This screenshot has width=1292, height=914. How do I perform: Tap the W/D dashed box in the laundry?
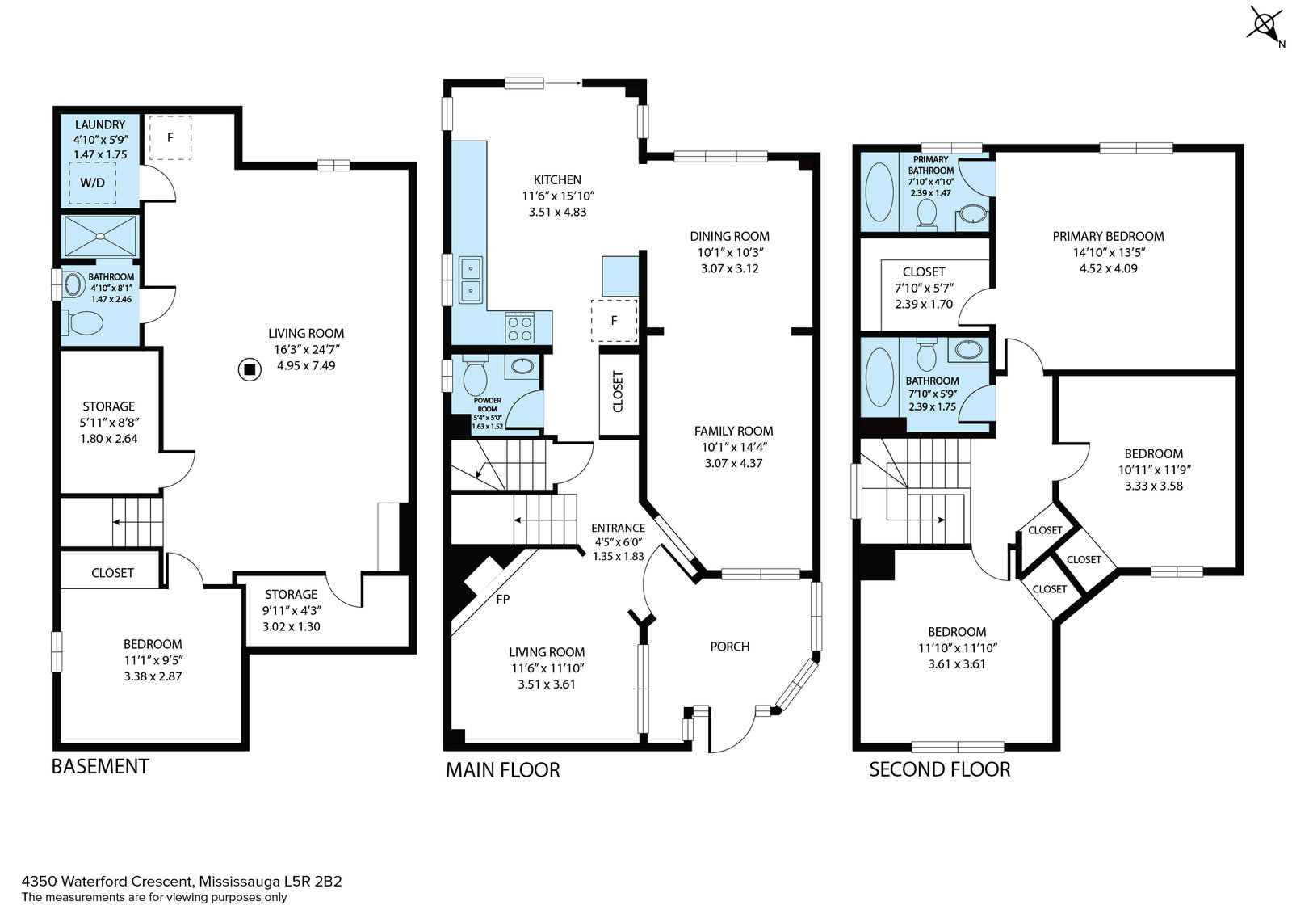tap(93, 183)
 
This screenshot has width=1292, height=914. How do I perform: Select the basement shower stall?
tap(100, 236)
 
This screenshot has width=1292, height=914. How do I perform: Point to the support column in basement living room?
tap(250, 369)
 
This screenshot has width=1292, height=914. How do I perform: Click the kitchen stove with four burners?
tap(520, 327)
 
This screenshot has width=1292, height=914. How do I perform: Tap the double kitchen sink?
tap(471, 280)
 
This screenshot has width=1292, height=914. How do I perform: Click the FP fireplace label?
tap(502, 600)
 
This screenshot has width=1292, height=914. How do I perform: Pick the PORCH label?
tap(730, 647)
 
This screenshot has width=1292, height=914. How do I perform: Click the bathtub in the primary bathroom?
tap(879, 192)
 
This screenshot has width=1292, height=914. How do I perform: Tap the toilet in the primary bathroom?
tap(927, 213)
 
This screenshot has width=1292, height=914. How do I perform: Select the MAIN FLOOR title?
tap(502, 770)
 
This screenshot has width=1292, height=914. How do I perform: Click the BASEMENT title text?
tap(100, 766)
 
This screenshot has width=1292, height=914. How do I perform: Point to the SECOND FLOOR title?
tap(940, 769)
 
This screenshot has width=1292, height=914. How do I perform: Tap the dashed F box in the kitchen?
tap(614, 321)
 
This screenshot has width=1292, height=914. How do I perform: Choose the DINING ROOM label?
tap(730, 236)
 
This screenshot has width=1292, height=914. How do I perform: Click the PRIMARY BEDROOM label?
tap(1108, 236)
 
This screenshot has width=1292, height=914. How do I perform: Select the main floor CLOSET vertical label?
tap(619, 392)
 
